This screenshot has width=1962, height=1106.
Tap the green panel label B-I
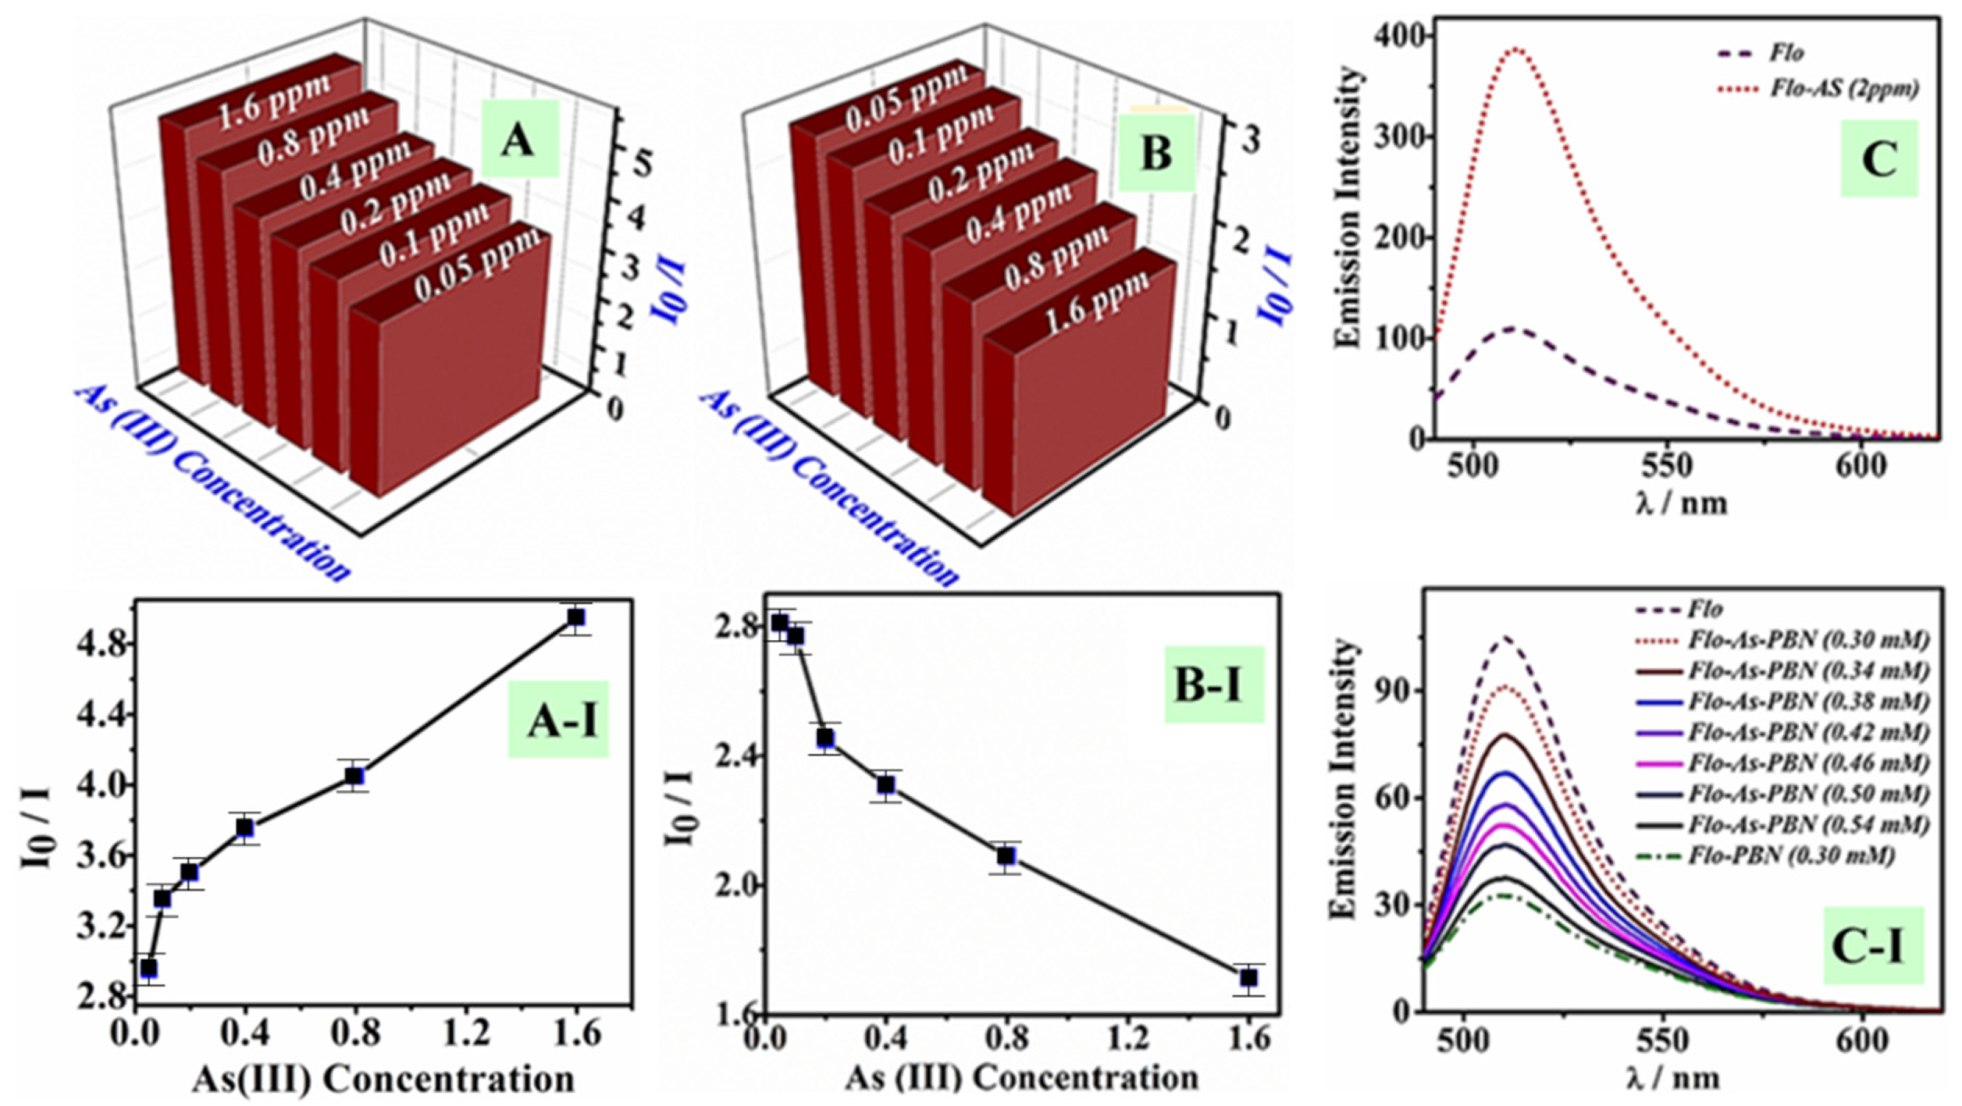[x=1214, y=685]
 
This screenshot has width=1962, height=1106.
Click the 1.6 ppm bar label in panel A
[x=275, y=102]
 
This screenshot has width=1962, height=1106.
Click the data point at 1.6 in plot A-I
[x=576, y=618]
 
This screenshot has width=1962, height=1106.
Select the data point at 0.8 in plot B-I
[x=1006, y=856]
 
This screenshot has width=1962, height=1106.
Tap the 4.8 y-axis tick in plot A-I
[x=102, y=645]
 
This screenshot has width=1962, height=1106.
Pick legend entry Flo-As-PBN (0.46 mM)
[x=1809, y=763]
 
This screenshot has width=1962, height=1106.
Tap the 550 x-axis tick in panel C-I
[x=1662, y=1042]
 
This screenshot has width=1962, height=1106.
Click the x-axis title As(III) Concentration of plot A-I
[x=383, y=1081]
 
